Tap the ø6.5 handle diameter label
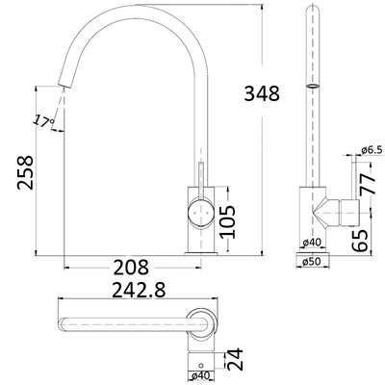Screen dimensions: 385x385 coord(372,149)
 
